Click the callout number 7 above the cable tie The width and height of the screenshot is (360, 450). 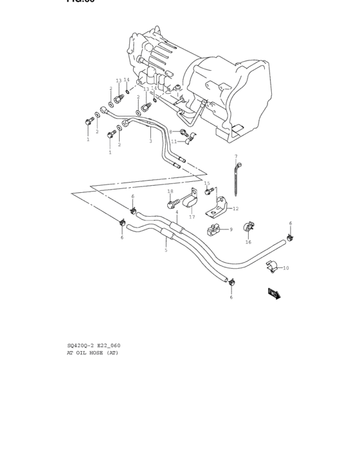(236, 156)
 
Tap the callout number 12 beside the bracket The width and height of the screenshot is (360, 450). (235, 208)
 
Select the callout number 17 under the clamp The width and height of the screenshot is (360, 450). (192, 217)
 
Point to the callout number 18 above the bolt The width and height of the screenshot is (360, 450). (170, 191)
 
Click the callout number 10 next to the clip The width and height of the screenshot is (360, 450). (286, 268)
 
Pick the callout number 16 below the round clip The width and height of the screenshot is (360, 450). (248, 242)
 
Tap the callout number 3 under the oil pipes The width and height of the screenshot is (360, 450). (150, 141)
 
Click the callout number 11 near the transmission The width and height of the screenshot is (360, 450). (173, 141)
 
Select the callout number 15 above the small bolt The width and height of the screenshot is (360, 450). (207, 183)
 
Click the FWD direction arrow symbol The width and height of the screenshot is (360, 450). (274, 294)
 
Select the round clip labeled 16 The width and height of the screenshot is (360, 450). (248, 228)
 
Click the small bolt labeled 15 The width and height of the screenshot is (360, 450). (209, 191)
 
